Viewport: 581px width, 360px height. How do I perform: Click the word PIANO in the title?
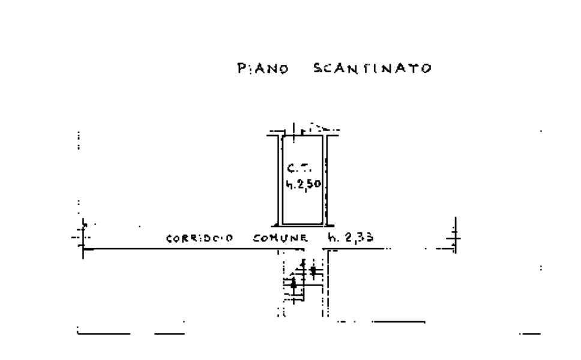pos(263,69)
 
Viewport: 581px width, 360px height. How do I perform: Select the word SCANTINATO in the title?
pos(372,69)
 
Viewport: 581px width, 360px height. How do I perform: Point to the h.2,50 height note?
pos(304,185)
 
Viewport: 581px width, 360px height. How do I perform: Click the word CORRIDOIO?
pos(199,238)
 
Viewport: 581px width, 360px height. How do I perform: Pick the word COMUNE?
pos(281,238)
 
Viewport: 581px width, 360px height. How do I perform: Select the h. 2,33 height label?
pos(351,238)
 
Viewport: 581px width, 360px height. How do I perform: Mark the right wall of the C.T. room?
pos(328,180)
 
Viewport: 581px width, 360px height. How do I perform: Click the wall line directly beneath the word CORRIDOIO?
pos(198,248)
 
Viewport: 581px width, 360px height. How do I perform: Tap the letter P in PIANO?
pos(241,69)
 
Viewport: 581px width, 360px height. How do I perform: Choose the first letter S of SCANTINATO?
pos(318,69)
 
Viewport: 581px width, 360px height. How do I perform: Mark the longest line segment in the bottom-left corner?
pos(104,333)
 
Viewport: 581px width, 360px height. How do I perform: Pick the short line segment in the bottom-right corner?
pos(529,334)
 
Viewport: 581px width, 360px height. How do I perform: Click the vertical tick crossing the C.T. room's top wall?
pos(294,130)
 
